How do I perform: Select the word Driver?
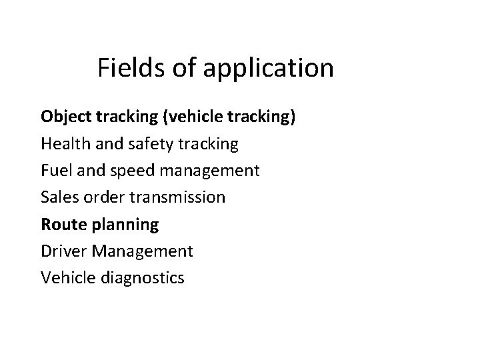(62, 251)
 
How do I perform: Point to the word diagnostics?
(141, 278)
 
